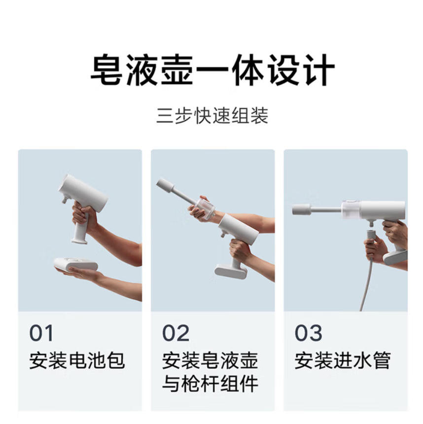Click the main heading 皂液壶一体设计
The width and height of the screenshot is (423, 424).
click(212, 70)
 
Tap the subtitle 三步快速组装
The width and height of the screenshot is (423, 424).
click(212, 115)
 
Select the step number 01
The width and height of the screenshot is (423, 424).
click(41, 333)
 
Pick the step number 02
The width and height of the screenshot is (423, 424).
click(176, 333)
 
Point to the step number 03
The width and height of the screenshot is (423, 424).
click(308, 333)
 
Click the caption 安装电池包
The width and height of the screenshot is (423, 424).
click(77, 360)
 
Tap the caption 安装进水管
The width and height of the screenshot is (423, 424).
click(343, 360)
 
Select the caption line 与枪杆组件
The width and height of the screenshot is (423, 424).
click(210, 384)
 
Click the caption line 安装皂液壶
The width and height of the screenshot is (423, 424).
click(210, 360)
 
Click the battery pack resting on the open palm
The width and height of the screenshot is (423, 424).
click(76, 264)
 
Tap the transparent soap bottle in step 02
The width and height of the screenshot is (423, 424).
click(205, 208)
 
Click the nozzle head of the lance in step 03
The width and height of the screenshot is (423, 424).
click(302, 210)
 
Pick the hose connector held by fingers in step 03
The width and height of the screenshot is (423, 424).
click(371, 235)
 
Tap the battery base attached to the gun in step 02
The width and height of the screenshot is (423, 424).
click(231, 272)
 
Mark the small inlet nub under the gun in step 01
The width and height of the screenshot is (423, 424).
click(65, 200)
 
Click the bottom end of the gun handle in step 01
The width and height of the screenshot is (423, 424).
click(79, 241)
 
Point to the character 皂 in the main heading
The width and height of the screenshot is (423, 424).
click(106, 70)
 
